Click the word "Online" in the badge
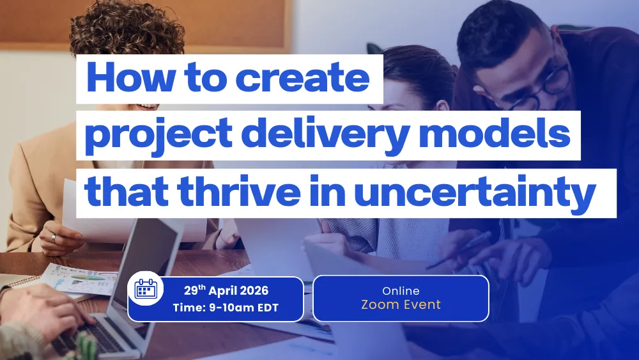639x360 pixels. tap(401, 291)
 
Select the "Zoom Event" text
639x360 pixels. tap(401, 304)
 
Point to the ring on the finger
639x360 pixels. tap(54, 237)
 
